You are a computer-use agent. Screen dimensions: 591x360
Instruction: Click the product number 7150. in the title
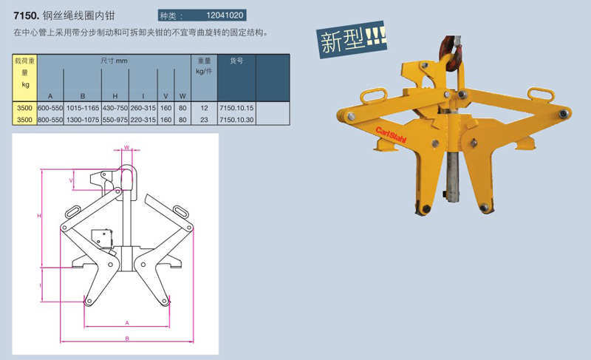point(27,16)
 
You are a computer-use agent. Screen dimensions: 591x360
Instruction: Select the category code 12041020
point(225,16)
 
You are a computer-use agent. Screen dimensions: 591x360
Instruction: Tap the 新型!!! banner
point(352,39)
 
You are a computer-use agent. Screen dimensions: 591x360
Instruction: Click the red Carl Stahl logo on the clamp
point(391,135)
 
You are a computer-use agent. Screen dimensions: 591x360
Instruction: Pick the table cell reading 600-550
point(50,108)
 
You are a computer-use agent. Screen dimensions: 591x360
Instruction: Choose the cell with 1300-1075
point(83,120)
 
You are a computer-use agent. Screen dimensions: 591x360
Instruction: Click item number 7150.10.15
point(236,108)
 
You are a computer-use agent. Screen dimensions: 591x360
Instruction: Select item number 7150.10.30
point(236,120)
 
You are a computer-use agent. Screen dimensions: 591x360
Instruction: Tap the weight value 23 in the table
point(204,120)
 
